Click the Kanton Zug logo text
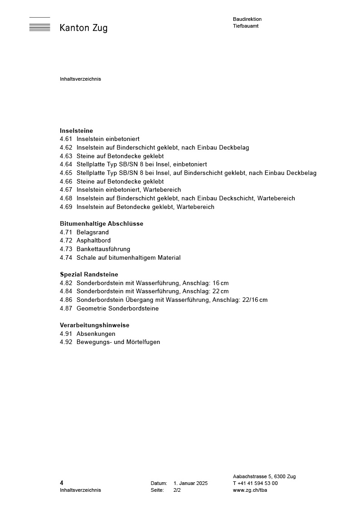[x=83, y=28]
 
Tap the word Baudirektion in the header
[x=247, y=19]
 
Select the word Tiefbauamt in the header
[x=246, y=26]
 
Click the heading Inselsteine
[x=76, y=131]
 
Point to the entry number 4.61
[x=66, y=139]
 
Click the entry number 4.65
[x=66, y=173]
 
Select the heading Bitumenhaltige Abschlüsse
[x=102, y=223]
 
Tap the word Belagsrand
[x=92, y=232]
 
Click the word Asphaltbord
[x=93, y=240]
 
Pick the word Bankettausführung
[x=103, y=249]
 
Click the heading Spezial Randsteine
[x=89, y=274]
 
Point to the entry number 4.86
[x=66, y=300]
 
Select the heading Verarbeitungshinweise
[x=95, y=325]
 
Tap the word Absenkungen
[x=96, y=334]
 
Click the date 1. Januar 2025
[x=190, y=483]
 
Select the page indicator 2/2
[x=177, y=490]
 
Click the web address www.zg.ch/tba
[x=250, y=490]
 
